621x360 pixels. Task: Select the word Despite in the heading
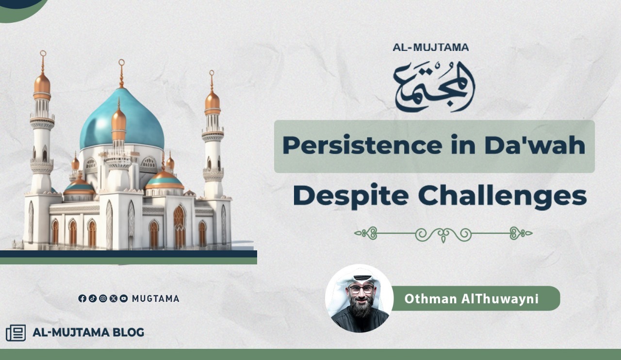(351, 196)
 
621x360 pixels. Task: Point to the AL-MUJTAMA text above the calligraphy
(430, 48)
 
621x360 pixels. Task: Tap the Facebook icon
(82, 298)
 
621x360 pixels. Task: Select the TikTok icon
(93, 298)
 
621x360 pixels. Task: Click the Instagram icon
(103, 298)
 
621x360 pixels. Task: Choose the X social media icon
(114, 298)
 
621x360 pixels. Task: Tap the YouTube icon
(124, 298)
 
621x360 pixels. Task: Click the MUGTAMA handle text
(156, 299)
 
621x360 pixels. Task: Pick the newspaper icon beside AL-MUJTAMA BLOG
(16, 333)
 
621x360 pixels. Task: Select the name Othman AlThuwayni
(471, 299)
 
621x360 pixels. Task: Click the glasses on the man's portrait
(360, 289)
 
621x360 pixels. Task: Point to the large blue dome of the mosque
(122, 119)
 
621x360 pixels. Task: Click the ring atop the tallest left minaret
(43, 53)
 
